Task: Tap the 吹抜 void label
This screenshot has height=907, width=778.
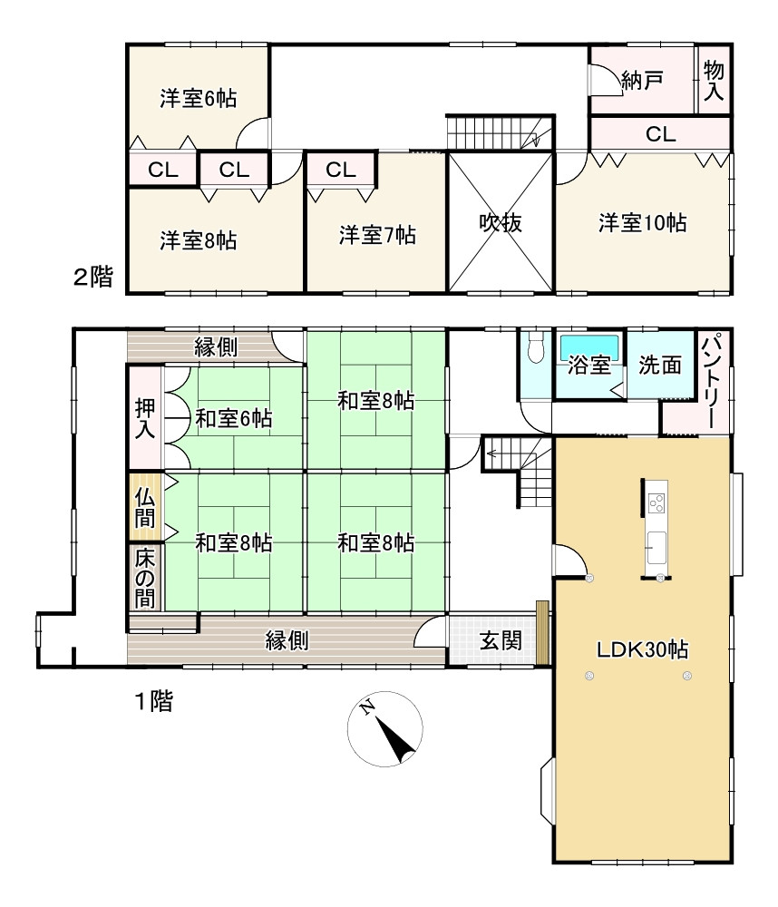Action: [x=501, y=223]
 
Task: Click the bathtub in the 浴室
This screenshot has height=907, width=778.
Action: [x=589, y=347]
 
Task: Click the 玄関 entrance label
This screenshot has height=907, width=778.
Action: [x=501, y=641]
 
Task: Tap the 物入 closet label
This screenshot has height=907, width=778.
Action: [x=714, y=80]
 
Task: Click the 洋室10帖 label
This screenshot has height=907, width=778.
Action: [x=642, y=223]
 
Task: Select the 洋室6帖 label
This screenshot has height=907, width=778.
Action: [x=199, y=99]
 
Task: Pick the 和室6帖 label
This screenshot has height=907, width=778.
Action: [x=234, y=418]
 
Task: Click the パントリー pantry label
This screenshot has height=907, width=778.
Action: [x=713, y=381]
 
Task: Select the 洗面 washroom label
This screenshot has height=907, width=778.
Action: [x=660, y=366]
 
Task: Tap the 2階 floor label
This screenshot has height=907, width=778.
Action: [x=93, y=278]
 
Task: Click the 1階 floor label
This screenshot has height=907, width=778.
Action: [x=154, y=701]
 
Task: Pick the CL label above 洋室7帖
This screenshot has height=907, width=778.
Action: [x=341, y=169]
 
